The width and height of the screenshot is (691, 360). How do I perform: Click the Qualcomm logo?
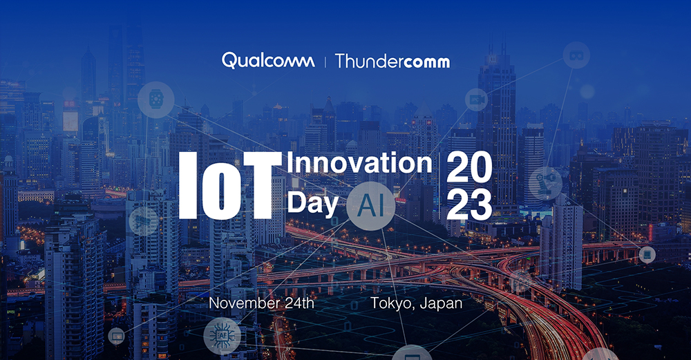pos(268,61)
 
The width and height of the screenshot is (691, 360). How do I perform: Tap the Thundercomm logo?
pos(392,61)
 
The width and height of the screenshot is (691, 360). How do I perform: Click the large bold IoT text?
pos(231,185)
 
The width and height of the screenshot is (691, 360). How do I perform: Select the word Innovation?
pos(359,163)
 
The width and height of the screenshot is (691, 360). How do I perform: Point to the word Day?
pos(312,203)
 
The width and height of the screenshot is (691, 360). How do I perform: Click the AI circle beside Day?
pos(370,206)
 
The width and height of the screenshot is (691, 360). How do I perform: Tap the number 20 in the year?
pos(469,167)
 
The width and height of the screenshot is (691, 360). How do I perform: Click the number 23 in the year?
pos(469,205)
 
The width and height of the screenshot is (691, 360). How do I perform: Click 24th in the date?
pos(299,303)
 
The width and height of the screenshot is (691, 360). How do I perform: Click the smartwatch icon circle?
pos(156,100)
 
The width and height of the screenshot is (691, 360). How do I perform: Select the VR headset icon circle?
pos(576,55)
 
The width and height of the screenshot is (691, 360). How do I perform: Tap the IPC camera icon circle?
pos(477,100)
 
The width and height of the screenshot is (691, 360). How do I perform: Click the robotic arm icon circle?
pos(546,184)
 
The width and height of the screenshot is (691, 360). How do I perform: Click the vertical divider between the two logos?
pos(325,61)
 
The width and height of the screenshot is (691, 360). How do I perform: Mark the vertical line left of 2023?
pos(439,186)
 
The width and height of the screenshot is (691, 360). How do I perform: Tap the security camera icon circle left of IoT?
pos(144,221)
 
